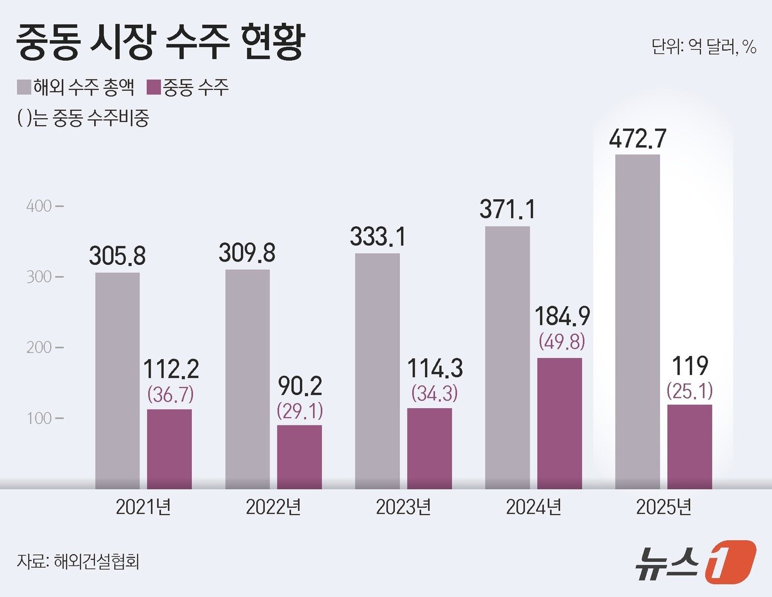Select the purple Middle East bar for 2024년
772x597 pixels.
coord(559,423)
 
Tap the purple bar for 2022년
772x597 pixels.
coord(299,457)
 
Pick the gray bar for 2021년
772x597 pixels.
coord(117,381)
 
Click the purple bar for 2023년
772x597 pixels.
coord(429,448)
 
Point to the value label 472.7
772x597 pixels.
coord(637,138)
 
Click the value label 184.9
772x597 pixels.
coord(562,317)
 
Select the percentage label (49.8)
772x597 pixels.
coord(562,342)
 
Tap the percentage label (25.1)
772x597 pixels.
coord(689,391)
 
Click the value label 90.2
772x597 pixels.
coord(300,386)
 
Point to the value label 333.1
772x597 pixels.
coord(378,237)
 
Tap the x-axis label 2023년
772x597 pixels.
coord(403,507)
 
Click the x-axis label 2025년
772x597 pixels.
coord(663,507)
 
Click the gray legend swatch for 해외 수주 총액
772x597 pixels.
coord(24,88)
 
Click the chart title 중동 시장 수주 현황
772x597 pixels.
coord(160,42)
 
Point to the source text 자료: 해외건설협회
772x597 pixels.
coord(78,561)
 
